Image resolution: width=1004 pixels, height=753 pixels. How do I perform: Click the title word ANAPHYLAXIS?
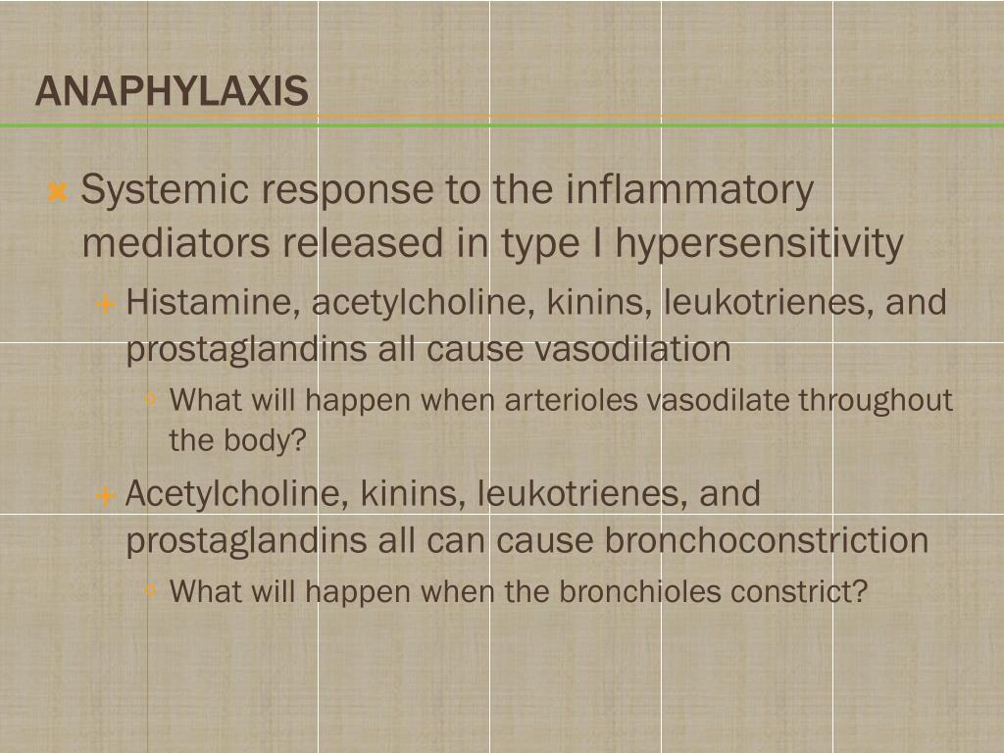(172, 92)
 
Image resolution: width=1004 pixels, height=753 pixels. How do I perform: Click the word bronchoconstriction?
(766, 539)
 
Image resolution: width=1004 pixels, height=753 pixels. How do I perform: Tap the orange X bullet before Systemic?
(57, 191)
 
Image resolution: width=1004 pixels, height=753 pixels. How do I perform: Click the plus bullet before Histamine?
(106, 304)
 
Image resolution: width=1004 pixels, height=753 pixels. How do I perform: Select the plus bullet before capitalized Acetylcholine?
(106, 496)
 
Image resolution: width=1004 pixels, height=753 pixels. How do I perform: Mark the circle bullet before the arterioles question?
(151, 399)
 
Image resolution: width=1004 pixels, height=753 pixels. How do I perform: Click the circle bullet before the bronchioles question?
(151, 590)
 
